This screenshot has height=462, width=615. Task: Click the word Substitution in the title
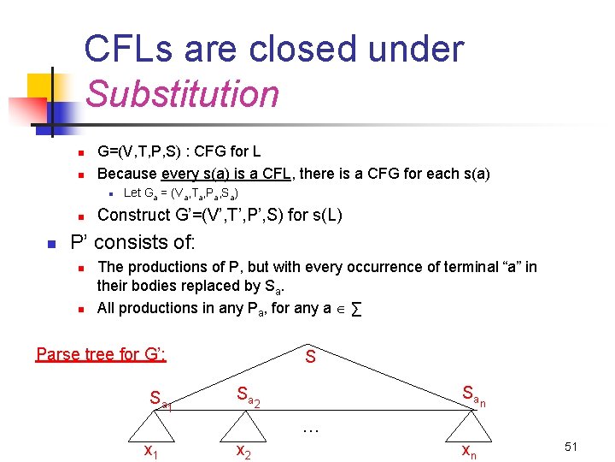[x=182, y=93]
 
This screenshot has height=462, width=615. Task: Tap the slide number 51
[x=571, y=447]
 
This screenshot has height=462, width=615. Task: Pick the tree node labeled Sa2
[x=248, y=396]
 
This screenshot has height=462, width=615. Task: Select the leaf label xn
[x=469, y=451]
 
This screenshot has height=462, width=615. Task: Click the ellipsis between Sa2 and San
[x=311, y=428]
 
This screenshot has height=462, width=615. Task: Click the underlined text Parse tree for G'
[x=101, y=353]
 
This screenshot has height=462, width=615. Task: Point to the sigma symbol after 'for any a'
[x=354, y=308]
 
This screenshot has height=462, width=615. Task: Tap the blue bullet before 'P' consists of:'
[x=50, y=245]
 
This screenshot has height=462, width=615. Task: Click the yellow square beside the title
[x=41, y=86]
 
